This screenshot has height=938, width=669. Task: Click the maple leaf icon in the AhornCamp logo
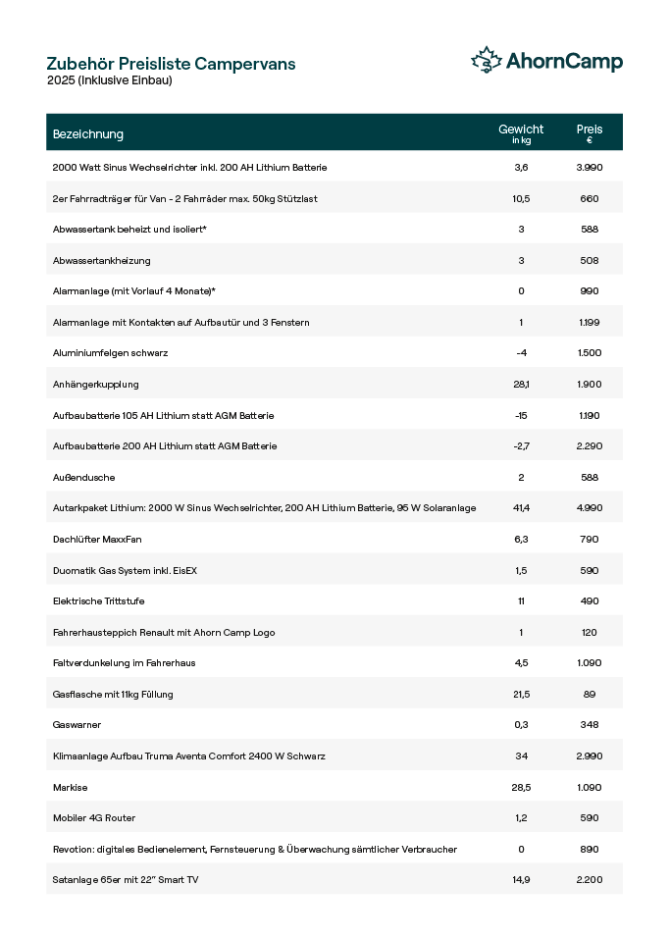coord(487,61)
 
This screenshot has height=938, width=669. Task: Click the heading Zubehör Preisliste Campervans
coord(171,64)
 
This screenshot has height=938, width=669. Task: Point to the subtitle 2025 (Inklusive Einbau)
coord(109,80)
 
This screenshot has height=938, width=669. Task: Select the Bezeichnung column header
coord(88,133)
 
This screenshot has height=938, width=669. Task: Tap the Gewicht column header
coord(521,132)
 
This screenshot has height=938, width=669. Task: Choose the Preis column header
coord(590,132)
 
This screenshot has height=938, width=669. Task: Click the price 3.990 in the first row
coord(590,168)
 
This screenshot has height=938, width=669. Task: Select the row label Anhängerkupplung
coord(95,385)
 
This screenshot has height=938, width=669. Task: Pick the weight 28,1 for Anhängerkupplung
coord(521,385)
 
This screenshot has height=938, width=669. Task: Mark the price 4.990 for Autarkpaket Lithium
coord(590,508)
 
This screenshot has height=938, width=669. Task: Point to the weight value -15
coord(521,415)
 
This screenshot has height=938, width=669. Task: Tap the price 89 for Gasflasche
coord(590,694)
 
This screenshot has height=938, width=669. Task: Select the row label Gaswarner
coord(77,725)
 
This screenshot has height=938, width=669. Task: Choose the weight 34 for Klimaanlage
coord(521,756)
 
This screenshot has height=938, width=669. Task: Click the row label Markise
coord(70,787)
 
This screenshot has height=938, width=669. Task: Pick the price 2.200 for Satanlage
coord(590,880)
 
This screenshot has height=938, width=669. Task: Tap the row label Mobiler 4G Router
coord(94,817)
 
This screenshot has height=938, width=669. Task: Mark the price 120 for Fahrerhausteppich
coord(590,632)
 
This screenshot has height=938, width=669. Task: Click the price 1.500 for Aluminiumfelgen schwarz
coord(590,353)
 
